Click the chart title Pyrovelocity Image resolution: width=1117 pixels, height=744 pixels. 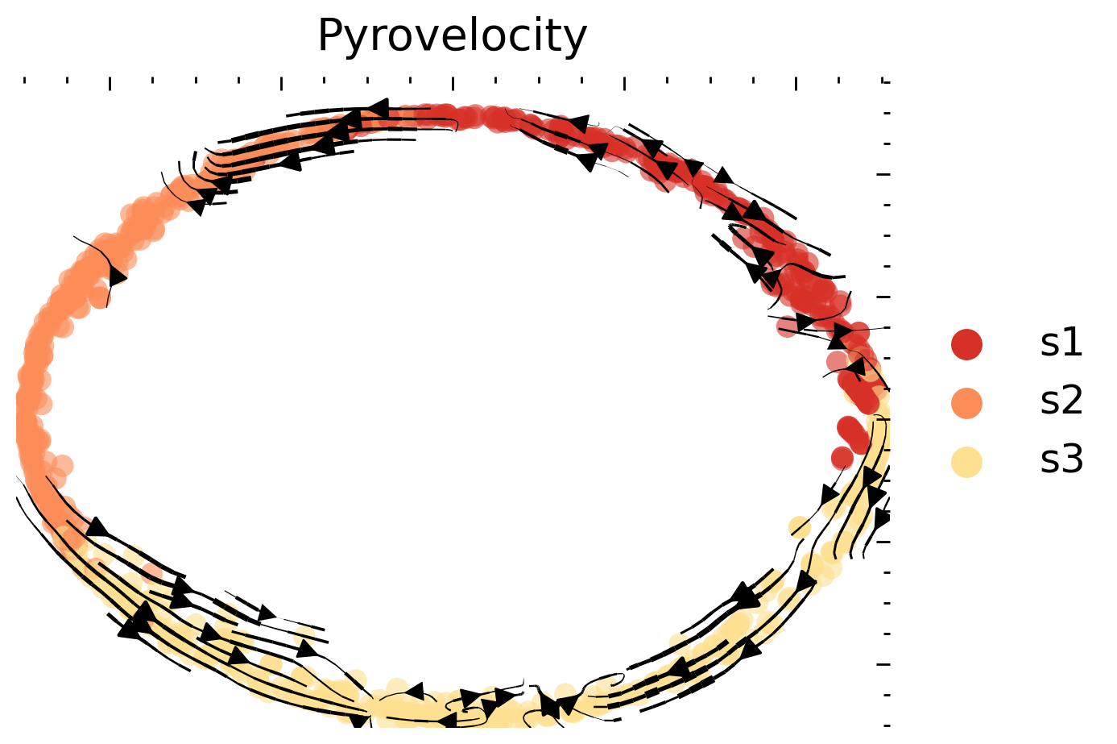coord(452,36)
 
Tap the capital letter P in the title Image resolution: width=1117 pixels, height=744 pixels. coord(329,36)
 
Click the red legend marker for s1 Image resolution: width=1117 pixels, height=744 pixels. coord(966,344)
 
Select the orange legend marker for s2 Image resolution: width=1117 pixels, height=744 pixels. coord(966,403)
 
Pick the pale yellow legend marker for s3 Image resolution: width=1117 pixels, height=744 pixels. coord(966,462)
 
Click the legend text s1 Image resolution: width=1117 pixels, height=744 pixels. coord(1061,343)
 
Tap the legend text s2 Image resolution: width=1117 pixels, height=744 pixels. coord(1061,401)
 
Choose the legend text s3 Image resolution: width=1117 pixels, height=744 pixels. coord(1061,460)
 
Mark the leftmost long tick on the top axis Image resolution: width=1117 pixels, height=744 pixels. coord(109,84)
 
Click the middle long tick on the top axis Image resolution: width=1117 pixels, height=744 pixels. coord(453,84)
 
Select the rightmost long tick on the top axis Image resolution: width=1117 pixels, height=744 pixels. coord(796,84)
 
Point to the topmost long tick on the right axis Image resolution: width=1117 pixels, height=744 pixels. coord(884,174)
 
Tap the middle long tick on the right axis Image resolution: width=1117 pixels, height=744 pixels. coord(884,419)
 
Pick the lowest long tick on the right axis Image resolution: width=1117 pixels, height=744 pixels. coord(884,664)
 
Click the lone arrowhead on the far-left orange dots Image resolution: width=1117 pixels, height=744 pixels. coord(118,276)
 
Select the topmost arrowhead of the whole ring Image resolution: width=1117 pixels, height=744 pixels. coord(377,108)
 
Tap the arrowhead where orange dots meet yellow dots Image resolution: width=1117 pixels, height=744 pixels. coord(97,528)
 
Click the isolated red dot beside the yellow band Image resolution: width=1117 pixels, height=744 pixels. coord(842,458)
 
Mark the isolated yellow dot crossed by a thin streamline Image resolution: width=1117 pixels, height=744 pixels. coord(799,528)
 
